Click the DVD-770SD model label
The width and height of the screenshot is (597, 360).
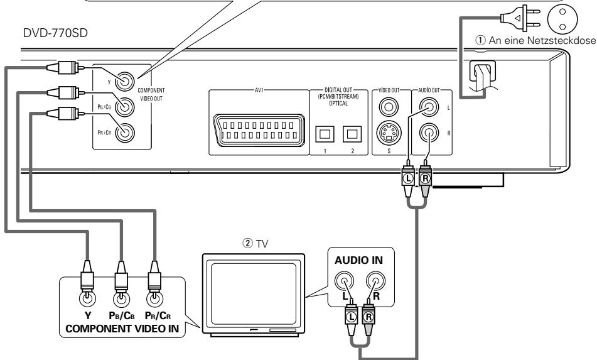coord(55,33)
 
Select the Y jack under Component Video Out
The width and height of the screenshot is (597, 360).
coord(125,82)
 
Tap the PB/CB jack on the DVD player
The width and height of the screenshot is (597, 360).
coord(125,107)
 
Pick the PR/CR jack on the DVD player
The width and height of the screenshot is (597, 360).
coord(125,133)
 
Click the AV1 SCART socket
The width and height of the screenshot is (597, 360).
coord(259,130)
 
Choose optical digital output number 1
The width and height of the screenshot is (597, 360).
coord(325,134)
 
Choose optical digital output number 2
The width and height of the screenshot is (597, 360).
coord(352,134)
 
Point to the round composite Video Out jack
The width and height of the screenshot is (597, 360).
coord(389,107)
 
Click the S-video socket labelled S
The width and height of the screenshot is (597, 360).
coord(389,133)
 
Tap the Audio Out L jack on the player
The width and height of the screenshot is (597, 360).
coord(429,107)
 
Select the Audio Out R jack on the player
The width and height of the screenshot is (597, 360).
coord(429,133)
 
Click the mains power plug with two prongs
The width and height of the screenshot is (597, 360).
coord(520,18)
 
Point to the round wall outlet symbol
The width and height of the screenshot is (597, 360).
coord(562,18)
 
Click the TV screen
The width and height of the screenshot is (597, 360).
coord(254,293)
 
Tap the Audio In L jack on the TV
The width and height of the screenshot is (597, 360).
coord(344,281)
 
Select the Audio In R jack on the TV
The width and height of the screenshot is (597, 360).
coord(375,281)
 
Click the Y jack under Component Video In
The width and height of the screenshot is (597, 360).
coord(87,298)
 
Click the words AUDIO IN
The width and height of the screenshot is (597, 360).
coord(358,261)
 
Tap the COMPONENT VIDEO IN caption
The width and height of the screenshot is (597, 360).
coord(122,329)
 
